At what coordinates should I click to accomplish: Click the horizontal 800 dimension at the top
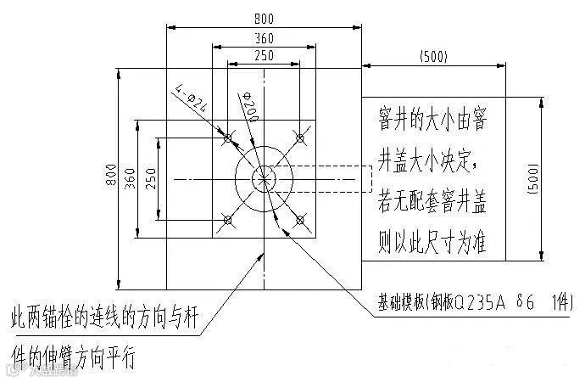point(264,19)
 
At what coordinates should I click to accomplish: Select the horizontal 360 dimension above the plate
point(264,38)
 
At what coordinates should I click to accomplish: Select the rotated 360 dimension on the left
point(130,177)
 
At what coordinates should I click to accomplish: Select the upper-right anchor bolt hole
point(299,136)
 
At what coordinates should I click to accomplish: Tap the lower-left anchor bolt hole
point(227,221)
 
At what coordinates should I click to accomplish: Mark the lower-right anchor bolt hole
point(299,221)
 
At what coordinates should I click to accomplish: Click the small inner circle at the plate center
point(264,177)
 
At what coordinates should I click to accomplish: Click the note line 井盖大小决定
point(430,160)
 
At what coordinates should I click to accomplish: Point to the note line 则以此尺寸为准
point(430,244)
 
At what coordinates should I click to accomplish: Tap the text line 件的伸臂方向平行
point(71,351)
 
